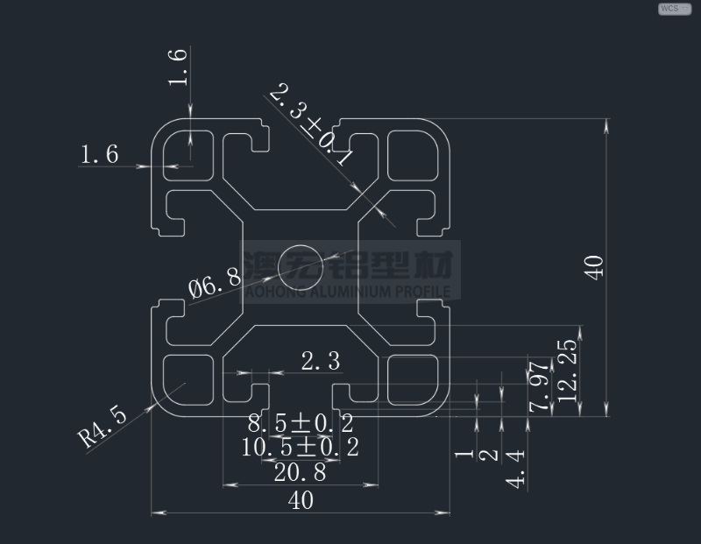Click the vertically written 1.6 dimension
pyautogui.click(x=178, y=67)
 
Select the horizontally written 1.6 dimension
pyautogui.click(x=99, y=155)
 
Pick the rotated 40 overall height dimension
pyautogui.click(x=595, y=266)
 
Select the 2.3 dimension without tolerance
pyautogui.click(x=321, y=360)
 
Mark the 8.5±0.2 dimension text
pyautogui.click(x=301, y=425)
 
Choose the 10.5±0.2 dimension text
pyautogui.click(x=301, y=448)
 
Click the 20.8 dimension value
pyautogui.click(x=301, y=473)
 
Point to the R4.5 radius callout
pyautogui.click(x=103, y=425)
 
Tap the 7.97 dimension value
pyautogui.click(x=540, y=385)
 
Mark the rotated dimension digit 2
pyautogui.click(x=491, y=455)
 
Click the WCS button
pyautogui.click(x=674, y=9)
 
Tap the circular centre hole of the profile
pyautogui.click(x=300, y=265)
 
